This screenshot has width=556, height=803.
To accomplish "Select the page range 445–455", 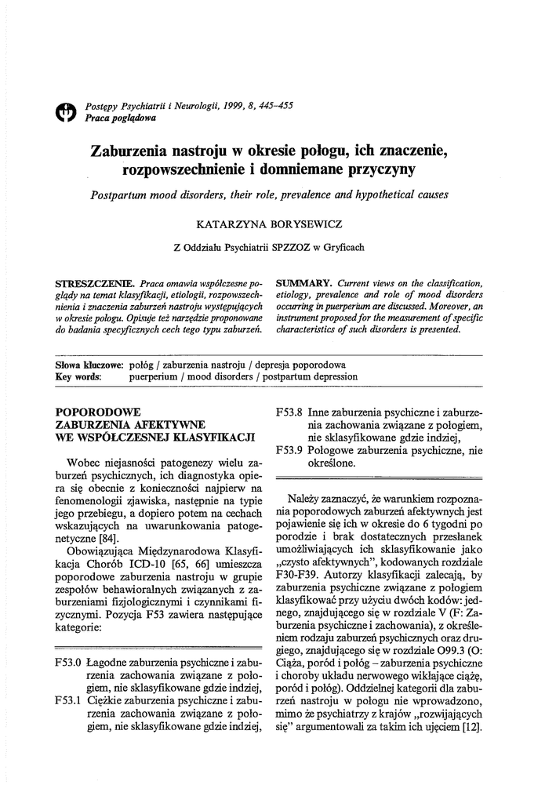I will click(x=271, y=107).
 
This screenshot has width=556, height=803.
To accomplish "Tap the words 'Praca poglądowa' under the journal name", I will click(x=120, y=118).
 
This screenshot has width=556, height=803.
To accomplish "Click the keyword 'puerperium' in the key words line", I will click(x=154, y=376).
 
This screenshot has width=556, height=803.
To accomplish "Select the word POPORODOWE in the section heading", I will click(x=99, y=412).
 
